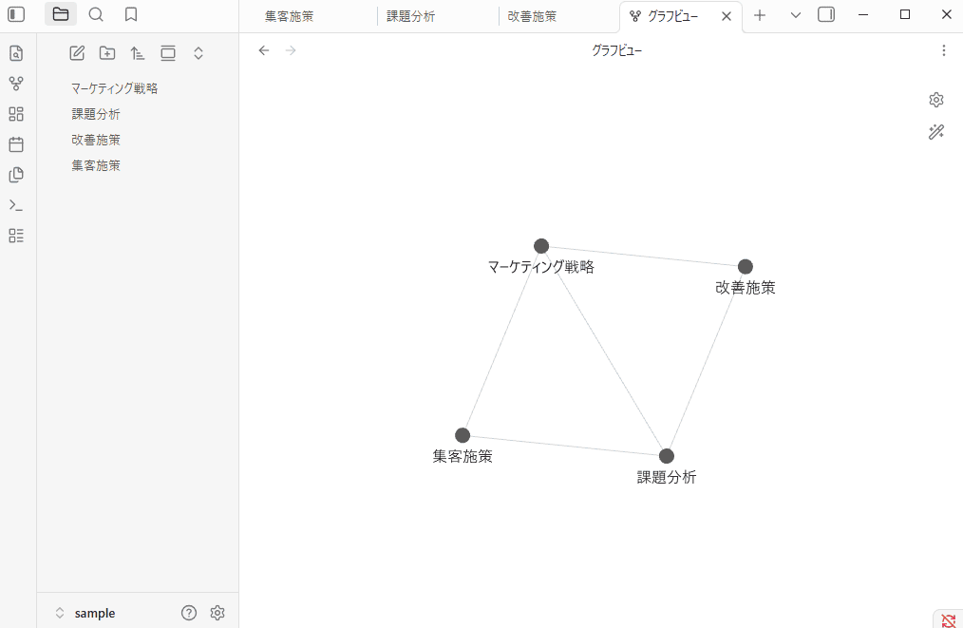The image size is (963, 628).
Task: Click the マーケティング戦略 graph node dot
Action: (541, 246)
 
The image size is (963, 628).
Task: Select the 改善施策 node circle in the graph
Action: (746, 266)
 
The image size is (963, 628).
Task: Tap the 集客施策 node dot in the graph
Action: (463, 435)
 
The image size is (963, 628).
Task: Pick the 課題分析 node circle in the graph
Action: (667, 456)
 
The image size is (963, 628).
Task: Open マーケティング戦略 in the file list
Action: (114, 88)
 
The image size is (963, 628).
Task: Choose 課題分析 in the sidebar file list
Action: (96, 114)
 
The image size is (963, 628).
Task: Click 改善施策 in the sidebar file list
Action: (96, 140)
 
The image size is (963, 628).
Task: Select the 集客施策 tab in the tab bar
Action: (290, 16)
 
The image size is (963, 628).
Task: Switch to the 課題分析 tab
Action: (411, 16)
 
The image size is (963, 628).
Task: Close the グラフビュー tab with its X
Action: (727, 16)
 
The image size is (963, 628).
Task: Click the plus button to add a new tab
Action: (760, 15)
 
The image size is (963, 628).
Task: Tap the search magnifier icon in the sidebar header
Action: (96, 14)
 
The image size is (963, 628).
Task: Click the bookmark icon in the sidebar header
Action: (131, 14)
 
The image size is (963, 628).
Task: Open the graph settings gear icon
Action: (936, 100)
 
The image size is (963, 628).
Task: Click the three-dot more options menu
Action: (943, 50)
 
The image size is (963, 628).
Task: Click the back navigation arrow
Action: (264, 50)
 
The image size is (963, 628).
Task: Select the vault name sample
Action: (95, 613)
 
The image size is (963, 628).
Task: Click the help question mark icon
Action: (189, 613)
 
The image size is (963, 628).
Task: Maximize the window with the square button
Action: (905, 14)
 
